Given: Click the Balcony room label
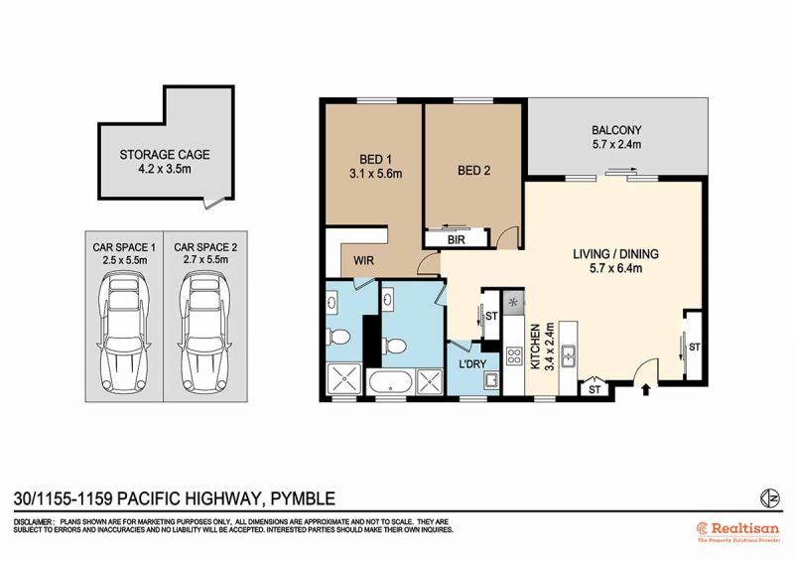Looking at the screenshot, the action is point(616,130).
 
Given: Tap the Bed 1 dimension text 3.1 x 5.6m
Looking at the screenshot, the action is point(376,174).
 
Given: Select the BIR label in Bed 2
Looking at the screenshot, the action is point(456,239).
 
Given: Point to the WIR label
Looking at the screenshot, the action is point(363,260).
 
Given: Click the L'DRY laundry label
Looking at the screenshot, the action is point(472,363).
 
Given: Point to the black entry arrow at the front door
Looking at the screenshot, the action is point(646,389).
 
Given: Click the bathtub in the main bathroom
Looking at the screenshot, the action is point(390,382).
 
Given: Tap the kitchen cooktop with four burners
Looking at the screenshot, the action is point(514,355).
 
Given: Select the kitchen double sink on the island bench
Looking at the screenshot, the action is point(569,355).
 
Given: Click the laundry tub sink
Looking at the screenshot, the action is point(490,380).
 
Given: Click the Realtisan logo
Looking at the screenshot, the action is point(738,531).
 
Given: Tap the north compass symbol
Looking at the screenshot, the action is point(770,498).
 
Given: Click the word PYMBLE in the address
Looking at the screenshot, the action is point(303,498).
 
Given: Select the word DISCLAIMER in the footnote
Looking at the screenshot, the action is point(33,522).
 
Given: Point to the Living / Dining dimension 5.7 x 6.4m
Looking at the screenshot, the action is point(615,268).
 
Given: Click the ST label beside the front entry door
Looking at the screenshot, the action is point(595,389).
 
